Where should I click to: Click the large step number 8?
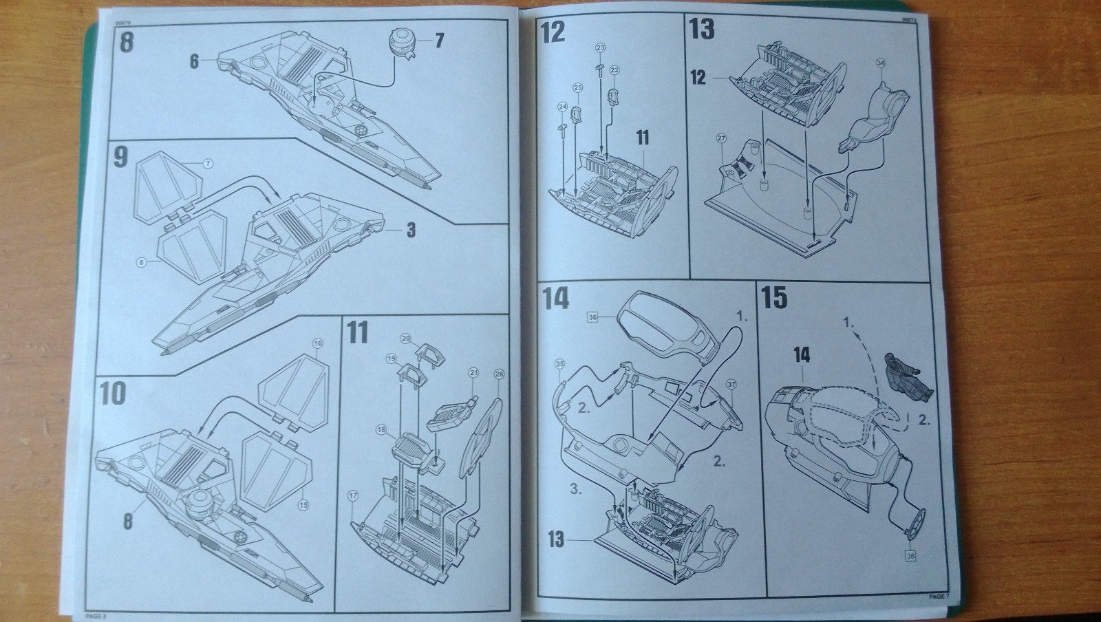click(x=127, y=42)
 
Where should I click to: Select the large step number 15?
click(x=774, y=299)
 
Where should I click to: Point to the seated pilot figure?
click(x=908, y=379)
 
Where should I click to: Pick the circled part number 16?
click(x=317, y=343)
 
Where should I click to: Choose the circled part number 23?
click(x=600, y=47)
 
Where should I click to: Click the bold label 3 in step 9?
click(x=411, y=229)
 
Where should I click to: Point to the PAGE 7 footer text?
click(x=938, y=596)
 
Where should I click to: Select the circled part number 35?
click(x=559, y=364)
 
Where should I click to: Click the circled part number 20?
click(x=405, y=339)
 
